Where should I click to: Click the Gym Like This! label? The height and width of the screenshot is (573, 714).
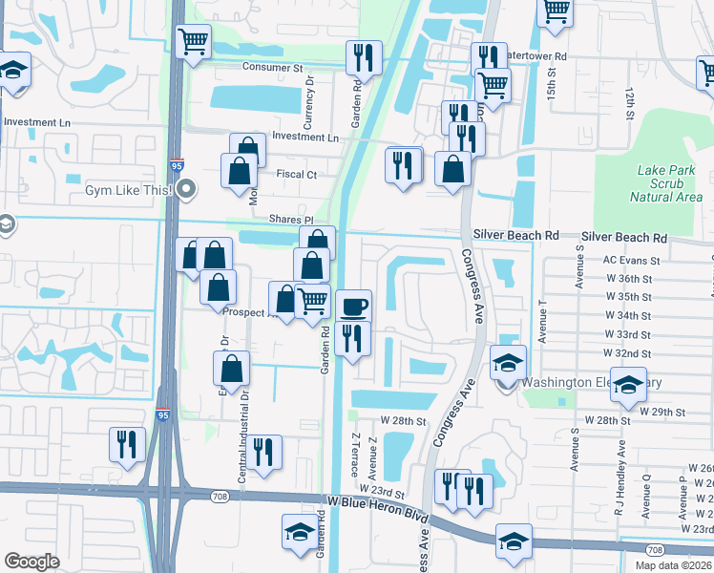pos(126,190)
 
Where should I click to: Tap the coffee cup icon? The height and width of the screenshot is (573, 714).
pos(354,307)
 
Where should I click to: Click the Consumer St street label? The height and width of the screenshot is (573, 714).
pos(272,68)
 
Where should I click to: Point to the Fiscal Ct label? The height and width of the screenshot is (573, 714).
pos(297,175)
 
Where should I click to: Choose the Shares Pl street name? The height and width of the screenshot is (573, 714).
pos(291,220)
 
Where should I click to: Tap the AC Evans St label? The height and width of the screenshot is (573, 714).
pos(631,260)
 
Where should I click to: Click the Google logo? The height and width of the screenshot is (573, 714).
pos(31,561)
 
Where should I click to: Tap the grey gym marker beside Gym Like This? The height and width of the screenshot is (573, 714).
pos(188,189)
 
